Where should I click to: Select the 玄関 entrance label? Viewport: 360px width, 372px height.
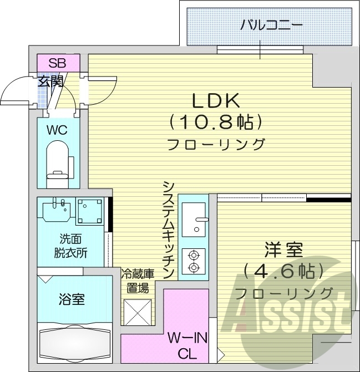[50, 82]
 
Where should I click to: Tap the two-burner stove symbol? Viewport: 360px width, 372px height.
[194, 261]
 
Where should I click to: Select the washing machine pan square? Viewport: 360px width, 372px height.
[89, 211]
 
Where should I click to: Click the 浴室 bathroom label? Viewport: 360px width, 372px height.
[71, 300]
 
